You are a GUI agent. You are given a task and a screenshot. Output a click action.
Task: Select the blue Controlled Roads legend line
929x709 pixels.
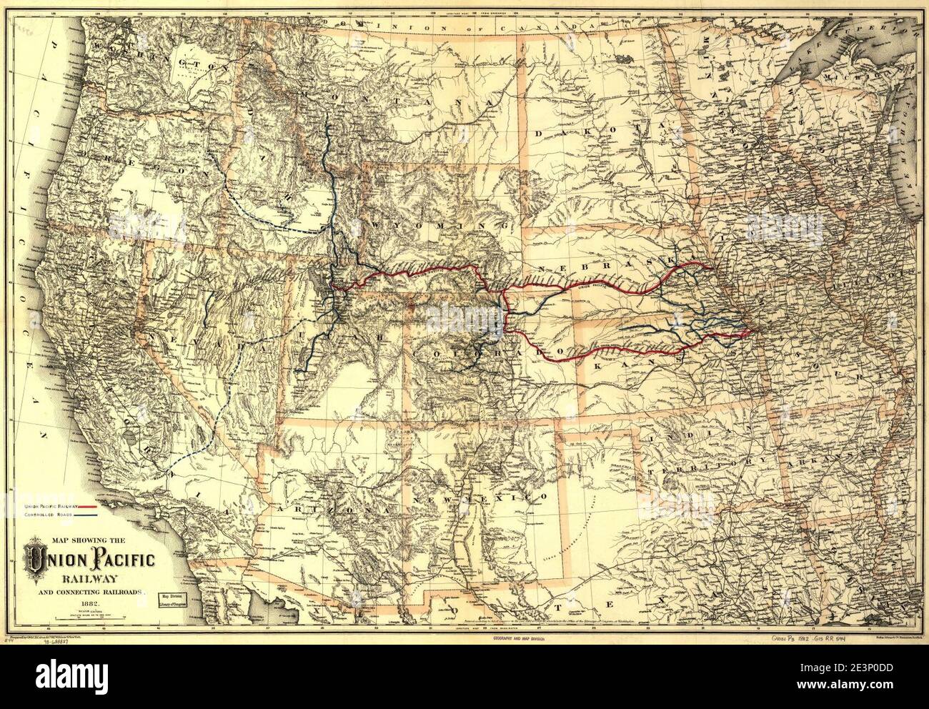(x=102, y=514)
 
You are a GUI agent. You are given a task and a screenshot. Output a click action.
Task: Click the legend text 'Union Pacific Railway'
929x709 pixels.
(x=55, y=505)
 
